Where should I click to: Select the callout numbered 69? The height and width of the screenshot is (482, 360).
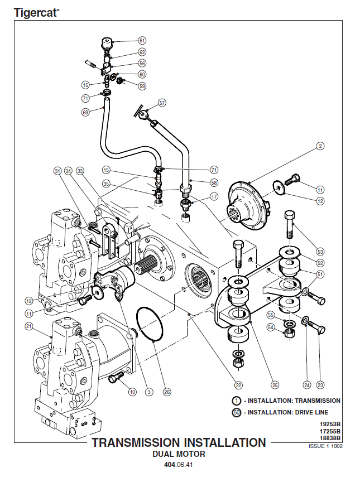click(85, 112)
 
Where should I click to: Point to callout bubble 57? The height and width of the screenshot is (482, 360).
click(162, 103)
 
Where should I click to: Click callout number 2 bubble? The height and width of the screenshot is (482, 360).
click(320, 146)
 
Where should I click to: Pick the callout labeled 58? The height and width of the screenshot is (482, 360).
click(214, 182)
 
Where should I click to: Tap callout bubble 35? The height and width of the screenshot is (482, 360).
click(106, 183)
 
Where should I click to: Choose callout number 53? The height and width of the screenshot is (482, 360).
click(320, 251)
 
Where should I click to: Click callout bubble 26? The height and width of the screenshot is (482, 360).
click(166, 392)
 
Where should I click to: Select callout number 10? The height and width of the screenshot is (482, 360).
click(132, 392)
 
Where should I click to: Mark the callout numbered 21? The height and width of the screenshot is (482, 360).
click(30, 326)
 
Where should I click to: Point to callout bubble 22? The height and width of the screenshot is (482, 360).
click(238, 385)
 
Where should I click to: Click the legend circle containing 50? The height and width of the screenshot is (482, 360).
click(237, 413)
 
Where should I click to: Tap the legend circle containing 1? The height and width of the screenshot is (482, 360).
click(237, 401)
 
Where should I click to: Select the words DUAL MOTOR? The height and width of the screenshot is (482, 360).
click(179, 454)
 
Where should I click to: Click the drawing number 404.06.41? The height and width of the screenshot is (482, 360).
click(179, 465)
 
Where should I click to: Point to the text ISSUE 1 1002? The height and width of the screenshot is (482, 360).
click(325, 446)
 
